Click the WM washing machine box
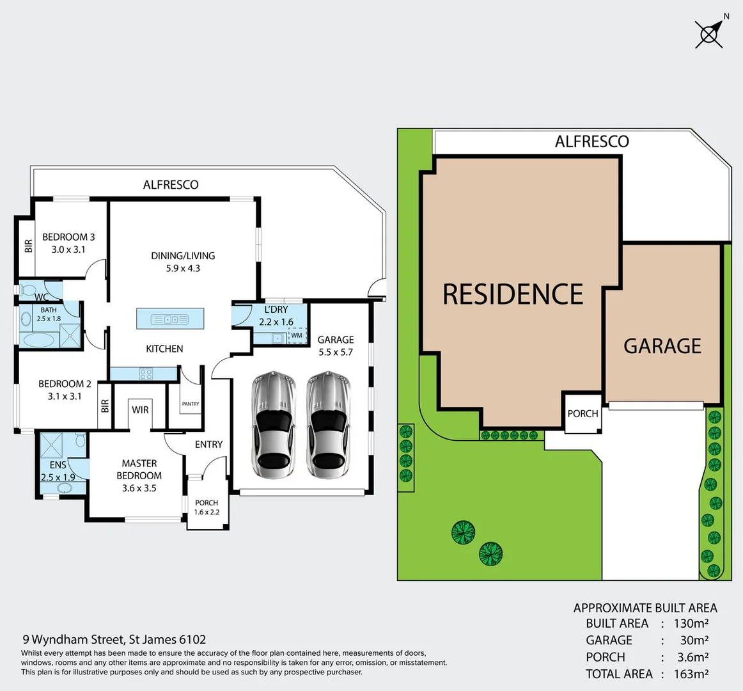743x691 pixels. (x=297, y=335)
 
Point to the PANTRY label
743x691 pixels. (x=191, y=404)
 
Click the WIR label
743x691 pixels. (x=140, y=409)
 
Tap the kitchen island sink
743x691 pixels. (x=169, y=319)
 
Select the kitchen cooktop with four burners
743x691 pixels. (x=146, y=374)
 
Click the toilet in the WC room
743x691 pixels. (x=29, y=290)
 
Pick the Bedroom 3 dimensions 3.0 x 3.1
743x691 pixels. (x=68, y=250)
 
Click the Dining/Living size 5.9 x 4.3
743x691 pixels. (x=183, y=268)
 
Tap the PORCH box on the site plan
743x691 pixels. (x=583, y=413)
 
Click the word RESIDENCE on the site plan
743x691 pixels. (x=513, y=294)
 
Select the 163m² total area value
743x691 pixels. (x=691, y=674)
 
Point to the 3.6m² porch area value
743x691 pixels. (x=692, y=657)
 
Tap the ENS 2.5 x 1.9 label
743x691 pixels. (x=58, y=471)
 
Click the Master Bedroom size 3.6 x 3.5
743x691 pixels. (x=139, y=488)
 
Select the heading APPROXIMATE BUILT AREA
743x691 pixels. (x=645, y=608)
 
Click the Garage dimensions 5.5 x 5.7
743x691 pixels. (x=336, y=352)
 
